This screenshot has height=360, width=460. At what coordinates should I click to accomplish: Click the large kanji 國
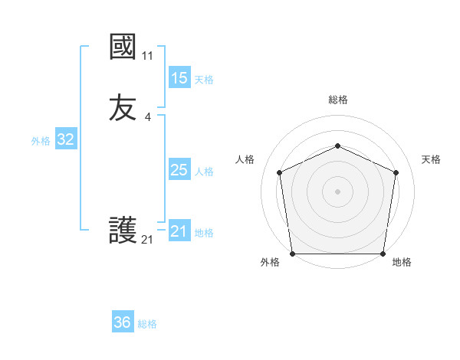tap(123, 48)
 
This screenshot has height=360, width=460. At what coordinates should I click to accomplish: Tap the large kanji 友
tap(123, 107)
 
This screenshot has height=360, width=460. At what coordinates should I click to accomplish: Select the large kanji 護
tap(123, 230)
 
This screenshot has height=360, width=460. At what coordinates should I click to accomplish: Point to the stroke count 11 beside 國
tap(147, 56)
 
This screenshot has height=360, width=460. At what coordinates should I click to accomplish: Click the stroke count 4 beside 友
tap(147, 116)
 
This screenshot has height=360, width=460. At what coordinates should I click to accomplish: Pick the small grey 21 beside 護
tap(147, 240)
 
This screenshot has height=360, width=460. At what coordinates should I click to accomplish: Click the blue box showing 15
tap(179, 78)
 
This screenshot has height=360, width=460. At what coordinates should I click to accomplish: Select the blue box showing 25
tap(179, 170)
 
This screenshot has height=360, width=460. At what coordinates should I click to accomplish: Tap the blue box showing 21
tap(179, 231)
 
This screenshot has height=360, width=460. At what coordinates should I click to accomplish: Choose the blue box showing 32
tap(65, 139)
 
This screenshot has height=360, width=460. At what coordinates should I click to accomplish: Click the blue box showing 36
tap(123, 322)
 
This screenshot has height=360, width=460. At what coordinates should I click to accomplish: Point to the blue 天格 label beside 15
tap(204, 80)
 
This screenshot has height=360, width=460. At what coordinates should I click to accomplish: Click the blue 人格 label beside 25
tap(204, 172)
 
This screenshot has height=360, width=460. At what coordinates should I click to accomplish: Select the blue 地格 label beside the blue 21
tap(204, 233)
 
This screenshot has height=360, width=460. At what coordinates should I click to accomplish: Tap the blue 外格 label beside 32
tap(41, 141)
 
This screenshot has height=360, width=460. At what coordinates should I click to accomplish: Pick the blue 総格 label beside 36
tap(147, 324)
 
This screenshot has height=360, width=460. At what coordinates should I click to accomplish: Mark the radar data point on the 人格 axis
tap(280, 172)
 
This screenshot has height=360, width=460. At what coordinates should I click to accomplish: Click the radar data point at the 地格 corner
tap(383, 254)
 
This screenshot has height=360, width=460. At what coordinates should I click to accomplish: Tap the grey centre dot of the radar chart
tap(338, 191)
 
